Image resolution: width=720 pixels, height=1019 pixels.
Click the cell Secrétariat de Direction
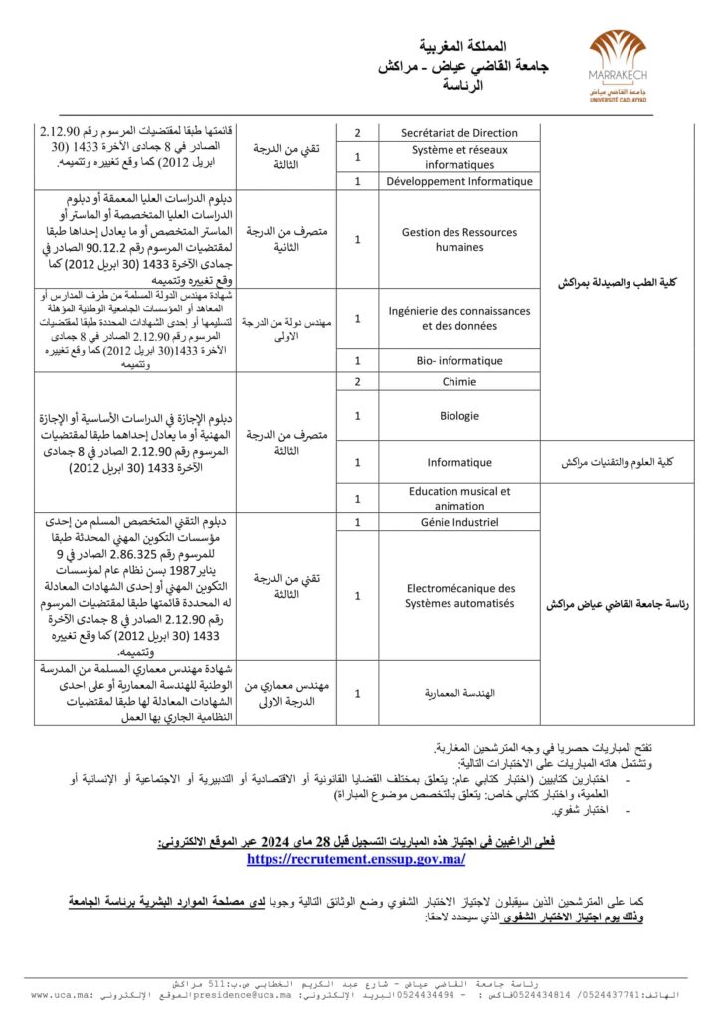pos(458,132)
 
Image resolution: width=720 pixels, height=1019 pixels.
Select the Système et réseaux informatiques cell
pos(458,157)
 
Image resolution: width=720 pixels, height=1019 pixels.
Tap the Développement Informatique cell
pos(458,181)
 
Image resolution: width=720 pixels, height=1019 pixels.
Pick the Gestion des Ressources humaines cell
pos(458,239)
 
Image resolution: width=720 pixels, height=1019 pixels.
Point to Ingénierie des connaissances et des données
pos(458,318)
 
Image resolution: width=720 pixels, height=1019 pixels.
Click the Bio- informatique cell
pos(458,360)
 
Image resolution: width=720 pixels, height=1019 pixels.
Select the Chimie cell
pos(458,382)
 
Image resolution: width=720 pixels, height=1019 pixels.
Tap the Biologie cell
pos(458,415)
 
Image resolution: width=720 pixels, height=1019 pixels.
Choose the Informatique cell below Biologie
pos(458,462)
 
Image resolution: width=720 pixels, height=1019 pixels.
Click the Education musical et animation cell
pos(458,498)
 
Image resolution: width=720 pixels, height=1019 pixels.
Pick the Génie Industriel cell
pos(458,521)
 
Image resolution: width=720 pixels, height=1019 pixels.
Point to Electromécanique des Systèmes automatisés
pos(458,595)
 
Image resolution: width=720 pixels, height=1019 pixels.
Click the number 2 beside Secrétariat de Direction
pos(357,132)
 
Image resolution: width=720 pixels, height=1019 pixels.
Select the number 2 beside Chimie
pos(357,382)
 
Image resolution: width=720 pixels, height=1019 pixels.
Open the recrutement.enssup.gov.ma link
pos(356,858)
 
